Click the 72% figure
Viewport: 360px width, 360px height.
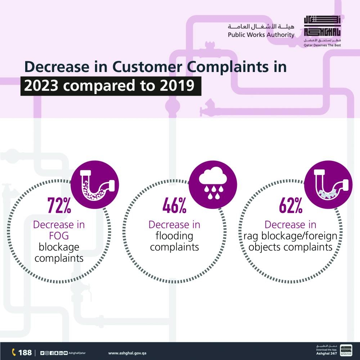point(59,206)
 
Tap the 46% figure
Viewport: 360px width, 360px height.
point(174,206)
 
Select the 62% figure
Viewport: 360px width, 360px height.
point(291,206)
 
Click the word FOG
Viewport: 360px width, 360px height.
point(59,236)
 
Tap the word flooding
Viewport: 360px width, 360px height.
point(174,236)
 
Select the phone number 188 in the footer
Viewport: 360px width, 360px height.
point(25,352)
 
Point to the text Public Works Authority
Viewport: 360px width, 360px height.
point(261,35)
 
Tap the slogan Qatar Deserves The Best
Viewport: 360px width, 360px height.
point(322,45)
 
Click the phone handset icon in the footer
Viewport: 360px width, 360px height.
point(14,352)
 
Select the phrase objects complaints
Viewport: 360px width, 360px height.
point(291,247)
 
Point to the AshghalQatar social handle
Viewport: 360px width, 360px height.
point(77,353)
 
